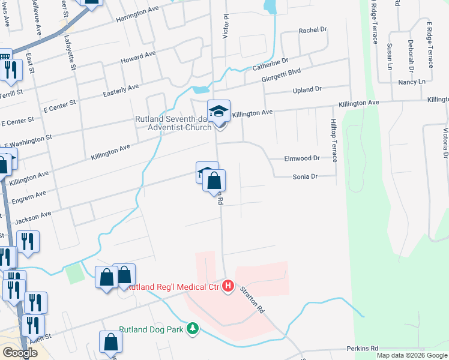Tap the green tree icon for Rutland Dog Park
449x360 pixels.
193,329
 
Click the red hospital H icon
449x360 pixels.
228,286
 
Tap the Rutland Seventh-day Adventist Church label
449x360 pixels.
173,123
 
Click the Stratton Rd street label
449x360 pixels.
252,300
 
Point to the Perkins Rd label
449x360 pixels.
363,349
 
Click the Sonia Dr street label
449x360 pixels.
304,177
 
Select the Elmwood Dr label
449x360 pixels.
303,159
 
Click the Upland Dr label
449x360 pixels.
307,89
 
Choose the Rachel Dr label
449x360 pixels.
312,30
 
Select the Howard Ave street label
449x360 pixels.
138,58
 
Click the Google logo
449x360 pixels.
20,353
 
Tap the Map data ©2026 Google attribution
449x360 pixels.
411,355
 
